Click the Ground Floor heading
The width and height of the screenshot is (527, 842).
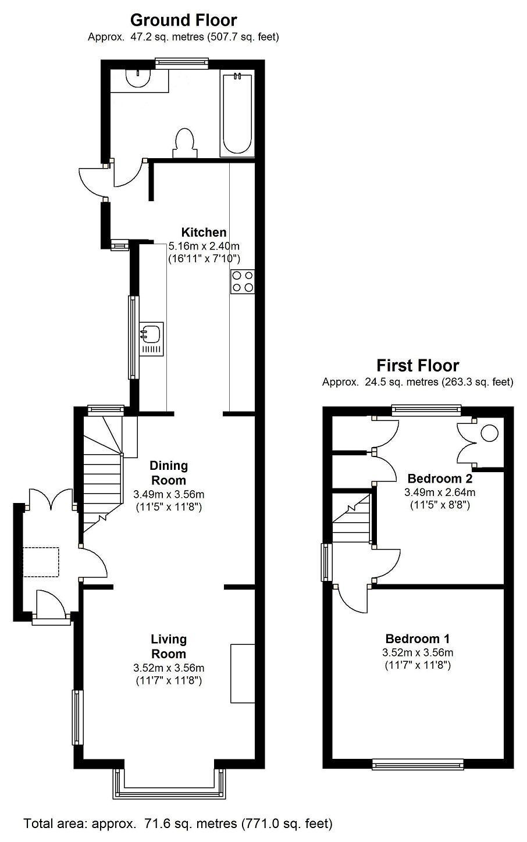click(x=183, y=20)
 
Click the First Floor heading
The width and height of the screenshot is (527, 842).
click(x=418, y=365)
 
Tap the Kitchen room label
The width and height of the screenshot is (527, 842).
click(x=204, y=232)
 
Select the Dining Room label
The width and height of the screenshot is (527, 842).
click(x=169, y=473)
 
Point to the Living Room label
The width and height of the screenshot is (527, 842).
click(x=169, y=646)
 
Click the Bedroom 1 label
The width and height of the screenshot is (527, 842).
click(x=417, y=638)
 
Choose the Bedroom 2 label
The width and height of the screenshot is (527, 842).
click(x=440, y=479)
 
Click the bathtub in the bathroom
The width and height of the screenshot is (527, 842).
click(x=237, y=115)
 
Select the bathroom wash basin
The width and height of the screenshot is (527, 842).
click(x=138, y=77)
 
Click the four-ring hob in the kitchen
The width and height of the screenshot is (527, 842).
click(x=243, y=281)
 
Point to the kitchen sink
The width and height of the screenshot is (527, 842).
click(x=151, y=338)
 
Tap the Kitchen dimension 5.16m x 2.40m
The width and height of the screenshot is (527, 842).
click(x=204, y=246)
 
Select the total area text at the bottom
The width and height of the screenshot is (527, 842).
click(x=178, y=823)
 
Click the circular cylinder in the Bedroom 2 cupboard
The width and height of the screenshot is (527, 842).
click(x=490, y=433)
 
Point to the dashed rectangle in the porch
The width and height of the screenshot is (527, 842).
click(x=41, y=562)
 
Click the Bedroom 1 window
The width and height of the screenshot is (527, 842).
click(x=418, y=764)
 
